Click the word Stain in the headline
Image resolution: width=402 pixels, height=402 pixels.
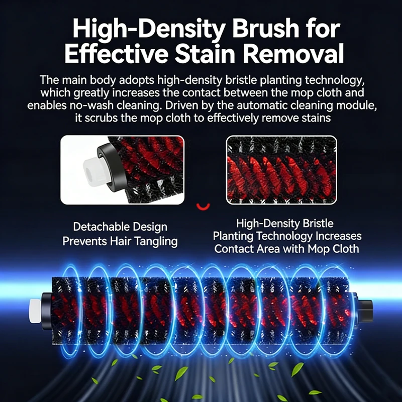coord(205,53)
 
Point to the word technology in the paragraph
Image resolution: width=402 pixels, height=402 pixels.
coord(334,80)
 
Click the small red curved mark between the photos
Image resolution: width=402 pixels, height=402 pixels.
coord(203,207)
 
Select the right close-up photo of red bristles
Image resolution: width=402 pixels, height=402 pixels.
coord(281,170)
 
